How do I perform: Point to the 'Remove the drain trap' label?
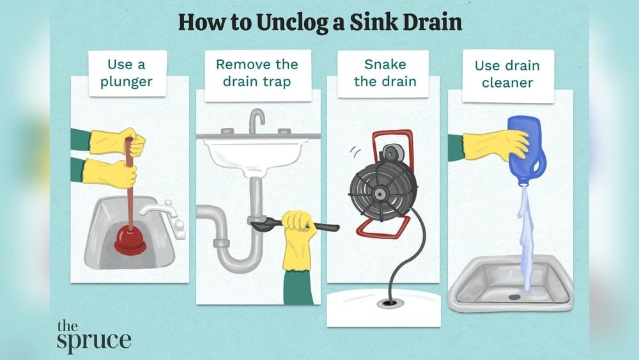point(258,73)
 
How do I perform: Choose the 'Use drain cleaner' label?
point(507,74)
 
